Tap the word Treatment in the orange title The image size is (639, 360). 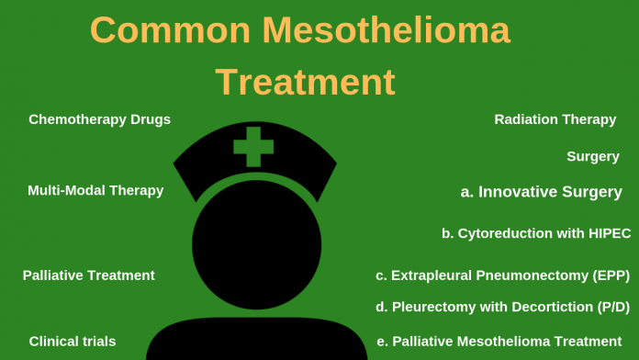pos(306,82)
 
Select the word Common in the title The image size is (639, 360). pos(170,30)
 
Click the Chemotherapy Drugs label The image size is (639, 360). pos(99,119)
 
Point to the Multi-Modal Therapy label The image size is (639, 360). pos(95,190)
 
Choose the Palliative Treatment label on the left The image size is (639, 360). pos(88,276)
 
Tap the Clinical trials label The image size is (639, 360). pos(73,342)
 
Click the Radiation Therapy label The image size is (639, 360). pos(555,119)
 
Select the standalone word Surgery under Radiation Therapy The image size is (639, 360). pos(592,157)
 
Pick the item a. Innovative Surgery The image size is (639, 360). pos(541,192)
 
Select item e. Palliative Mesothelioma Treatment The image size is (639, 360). pos(499,342)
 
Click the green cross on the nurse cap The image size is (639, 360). pos(253,146)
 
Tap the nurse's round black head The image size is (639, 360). pos(256,243)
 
